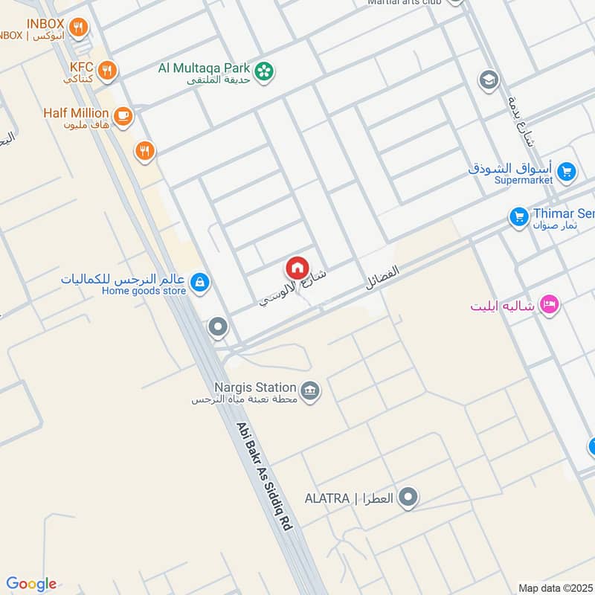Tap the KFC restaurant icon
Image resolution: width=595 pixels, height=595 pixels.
tap(108, 71)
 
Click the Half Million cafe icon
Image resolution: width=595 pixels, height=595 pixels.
tap(123, 115)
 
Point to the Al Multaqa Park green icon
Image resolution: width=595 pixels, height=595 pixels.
tap(263, 71)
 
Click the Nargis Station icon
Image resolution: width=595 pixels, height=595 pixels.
tap(310, 389)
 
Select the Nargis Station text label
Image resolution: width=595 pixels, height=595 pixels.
tap(255, 387)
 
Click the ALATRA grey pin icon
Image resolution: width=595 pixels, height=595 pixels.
tap(408, 497)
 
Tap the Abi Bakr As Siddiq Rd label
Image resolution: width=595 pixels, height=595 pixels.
tap(264, 476)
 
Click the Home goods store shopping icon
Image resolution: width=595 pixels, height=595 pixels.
tap(199, 283)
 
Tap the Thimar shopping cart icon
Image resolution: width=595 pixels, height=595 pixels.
tap(518, 217)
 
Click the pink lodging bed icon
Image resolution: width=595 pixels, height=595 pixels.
tap(550, 304)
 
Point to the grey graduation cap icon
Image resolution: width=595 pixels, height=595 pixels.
tap(489, 80)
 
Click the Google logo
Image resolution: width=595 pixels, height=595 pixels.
tap(31, 584)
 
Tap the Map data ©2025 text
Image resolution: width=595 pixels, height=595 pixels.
tap(556, 588)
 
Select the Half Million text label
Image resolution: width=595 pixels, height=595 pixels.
tap(76, 112)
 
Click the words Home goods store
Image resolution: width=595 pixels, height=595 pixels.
tap(144, 291)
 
